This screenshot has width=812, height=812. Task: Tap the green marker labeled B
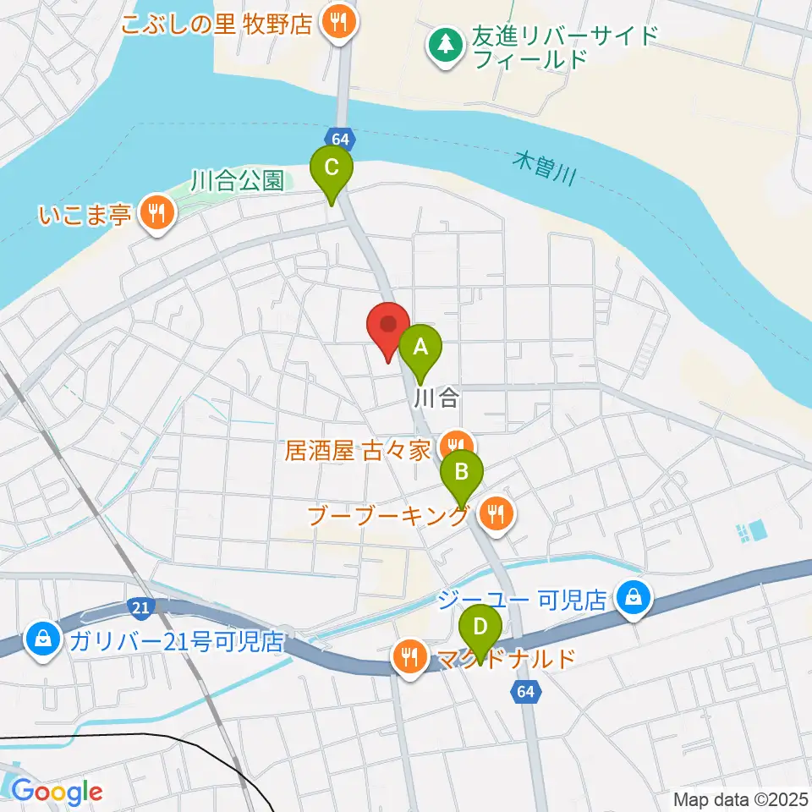461,471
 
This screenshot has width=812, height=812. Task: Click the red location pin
388,326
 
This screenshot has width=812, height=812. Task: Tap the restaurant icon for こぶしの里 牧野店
339,23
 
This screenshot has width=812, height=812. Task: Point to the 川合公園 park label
237,180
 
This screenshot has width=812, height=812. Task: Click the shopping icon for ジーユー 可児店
633,600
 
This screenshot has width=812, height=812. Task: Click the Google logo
57,792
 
